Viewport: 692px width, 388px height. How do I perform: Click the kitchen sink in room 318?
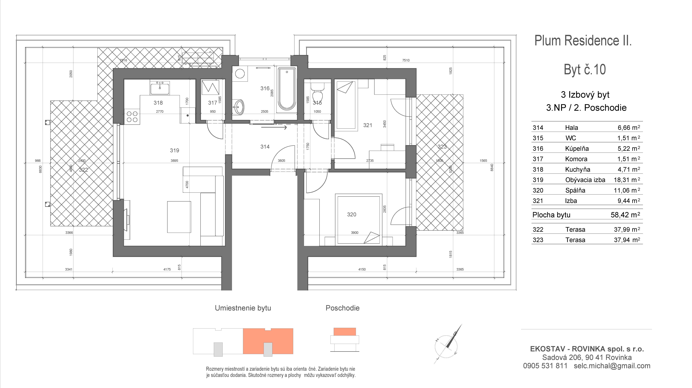coord(160,88)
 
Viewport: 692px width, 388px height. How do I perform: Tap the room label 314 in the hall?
coord(265,147)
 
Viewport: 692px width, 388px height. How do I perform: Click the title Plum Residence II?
coord(583,41)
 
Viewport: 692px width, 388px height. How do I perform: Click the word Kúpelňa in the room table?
coord(577,149)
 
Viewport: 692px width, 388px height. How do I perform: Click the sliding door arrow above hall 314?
coord(274,127)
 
